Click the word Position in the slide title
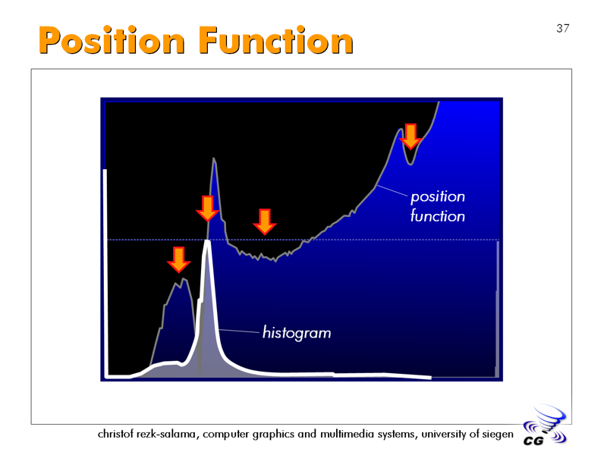112,41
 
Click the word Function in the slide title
276,40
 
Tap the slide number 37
563,28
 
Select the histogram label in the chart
297,333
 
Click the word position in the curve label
438,197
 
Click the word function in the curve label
438,215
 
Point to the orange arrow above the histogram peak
207,208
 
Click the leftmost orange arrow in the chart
178,260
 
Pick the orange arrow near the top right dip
410,136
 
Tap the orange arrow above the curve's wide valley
264,221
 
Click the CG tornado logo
545,425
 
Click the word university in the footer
444,434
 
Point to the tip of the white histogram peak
207,241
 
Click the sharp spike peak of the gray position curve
213,158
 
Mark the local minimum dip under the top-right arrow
410,165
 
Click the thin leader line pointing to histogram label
239,331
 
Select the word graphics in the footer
273,435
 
